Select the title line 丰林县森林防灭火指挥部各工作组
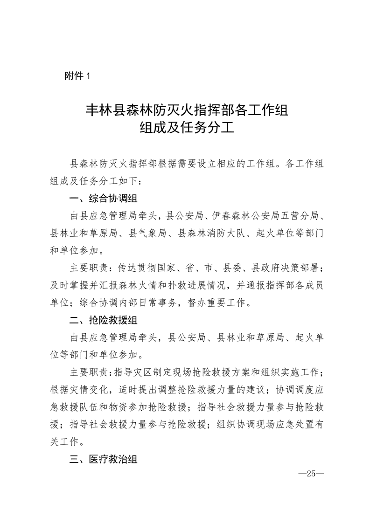tap(185, 110)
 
